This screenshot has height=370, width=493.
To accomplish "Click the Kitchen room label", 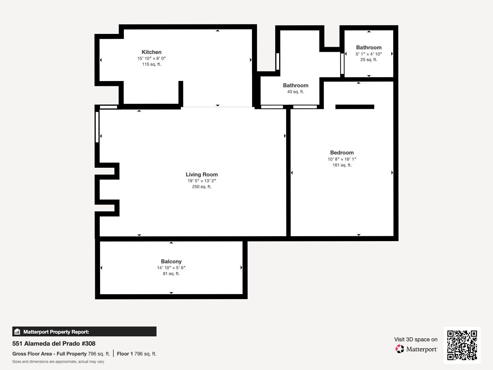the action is pos(151,52).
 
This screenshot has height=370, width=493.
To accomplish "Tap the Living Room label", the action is pos(202,175).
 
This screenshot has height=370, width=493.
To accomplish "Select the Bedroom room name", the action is pos(342,153).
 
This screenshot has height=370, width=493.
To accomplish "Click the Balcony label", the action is pos(171,261).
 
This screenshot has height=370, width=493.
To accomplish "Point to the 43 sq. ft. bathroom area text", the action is pos(295,92).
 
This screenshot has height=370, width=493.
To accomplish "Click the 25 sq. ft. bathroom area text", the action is pos(369,60).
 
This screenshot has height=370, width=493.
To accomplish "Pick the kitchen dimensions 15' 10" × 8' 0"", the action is pos(151,58).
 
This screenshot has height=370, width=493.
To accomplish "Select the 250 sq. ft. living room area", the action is pos(202,187).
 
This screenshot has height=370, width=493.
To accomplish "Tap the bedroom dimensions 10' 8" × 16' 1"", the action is pos(342,159).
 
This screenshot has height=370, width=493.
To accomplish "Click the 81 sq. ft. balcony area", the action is pos(171,273).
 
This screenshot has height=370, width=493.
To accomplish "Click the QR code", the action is pos(462,345).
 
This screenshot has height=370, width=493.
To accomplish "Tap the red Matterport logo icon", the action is pos(399,349).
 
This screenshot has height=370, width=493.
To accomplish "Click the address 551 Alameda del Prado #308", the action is pos(54,343).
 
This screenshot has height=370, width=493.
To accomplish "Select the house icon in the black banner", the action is pos(17,331).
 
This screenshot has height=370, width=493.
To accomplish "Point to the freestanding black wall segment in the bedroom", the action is pos(355,107).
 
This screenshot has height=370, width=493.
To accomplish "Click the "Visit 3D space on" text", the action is pos(416,339).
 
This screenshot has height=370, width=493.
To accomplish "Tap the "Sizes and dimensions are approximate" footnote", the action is pos(58,362).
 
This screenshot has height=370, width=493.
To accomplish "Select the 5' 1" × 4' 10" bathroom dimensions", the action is pos(369,54).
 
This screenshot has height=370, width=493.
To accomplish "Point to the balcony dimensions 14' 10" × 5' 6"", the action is pos(171,268).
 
